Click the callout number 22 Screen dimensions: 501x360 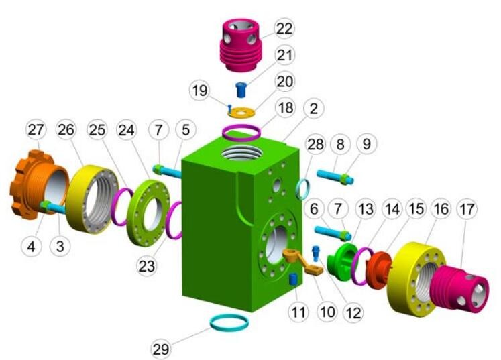tap(284, 28)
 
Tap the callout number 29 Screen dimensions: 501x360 tap(161, 349)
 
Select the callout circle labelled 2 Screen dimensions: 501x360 tap(313, 109)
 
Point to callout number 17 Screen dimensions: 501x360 tap(467, 210)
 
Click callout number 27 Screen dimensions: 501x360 tap(36, 130)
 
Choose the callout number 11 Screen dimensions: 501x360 tap(298, 312)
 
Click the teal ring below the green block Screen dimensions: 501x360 tap(229, 322)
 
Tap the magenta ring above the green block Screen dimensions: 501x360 tap(241, 132)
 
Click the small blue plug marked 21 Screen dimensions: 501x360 tap(241, 90)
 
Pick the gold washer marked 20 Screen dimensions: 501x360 tap(241, 113)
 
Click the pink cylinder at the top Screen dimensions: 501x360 tap(241, 45)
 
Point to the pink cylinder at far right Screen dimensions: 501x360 tap(459, 289)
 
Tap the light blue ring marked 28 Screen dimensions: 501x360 tap(303, 190)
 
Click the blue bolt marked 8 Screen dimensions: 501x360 tap(335, 177)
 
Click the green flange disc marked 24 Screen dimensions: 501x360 tap(148, 213)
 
